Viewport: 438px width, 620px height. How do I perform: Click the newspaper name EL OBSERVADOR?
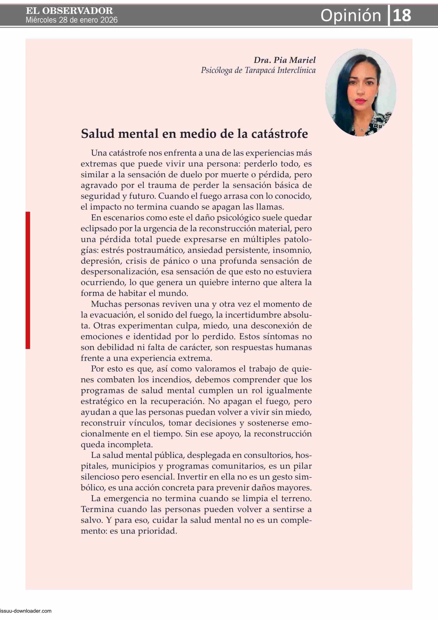tap(69, 11)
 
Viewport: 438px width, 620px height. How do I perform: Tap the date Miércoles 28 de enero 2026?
tap(72, 20)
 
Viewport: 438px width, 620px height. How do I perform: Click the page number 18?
tap(402, 15)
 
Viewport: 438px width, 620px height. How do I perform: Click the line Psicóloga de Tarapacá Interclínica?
tap(258, 70)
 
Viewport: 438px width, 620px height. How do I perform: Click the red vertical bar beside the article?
tap(28, 280)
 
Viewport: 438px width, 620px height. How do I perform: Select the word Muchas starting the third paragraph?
tap(105, 304)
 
